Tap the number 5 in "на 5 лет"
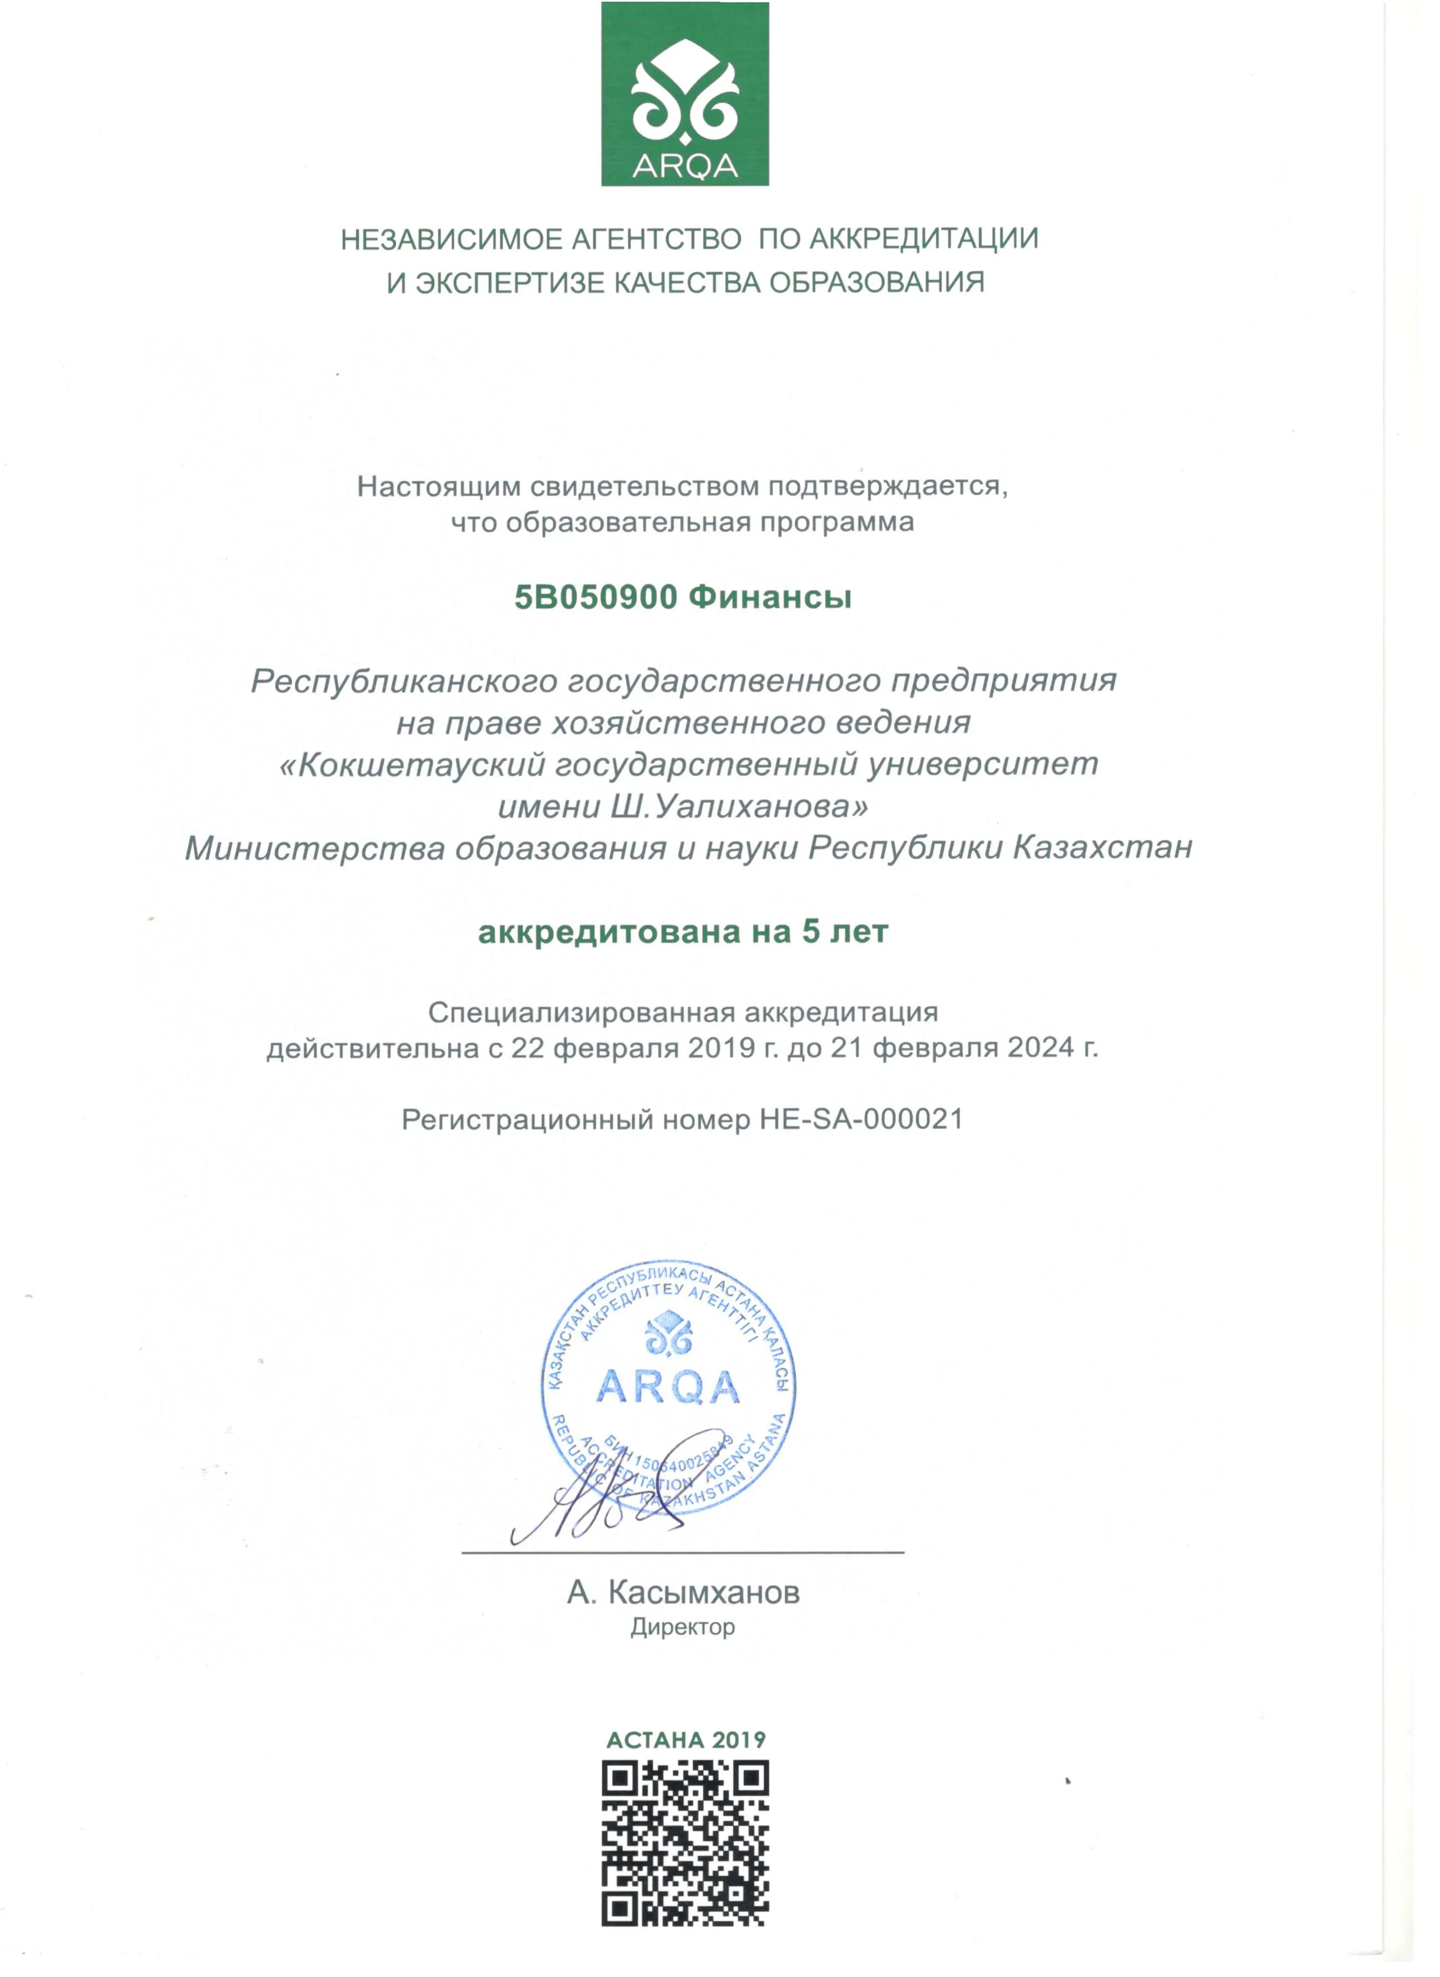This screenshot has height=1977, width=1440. pyautogui.click(x=810, y=932)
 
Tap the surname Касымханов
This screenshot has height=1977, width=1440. pyautogui.click(x=703, y=1593)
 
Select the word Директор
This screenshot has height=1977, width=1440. pyautogui.click(x=683, y=1628)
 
